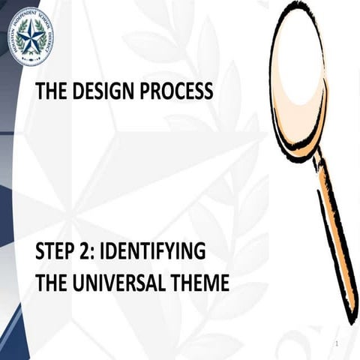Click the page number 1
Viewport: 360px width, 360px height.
point(338,343)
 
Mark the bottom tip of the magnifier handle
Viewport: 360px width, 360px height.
point(349,319)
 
